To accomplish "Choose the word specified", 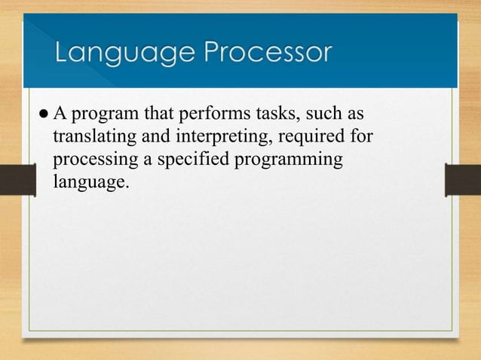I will click(192, 161).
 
